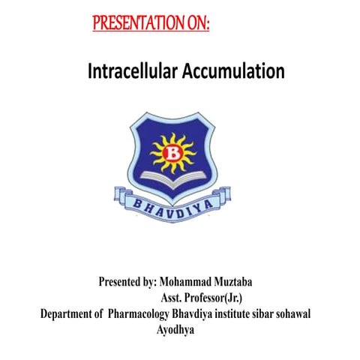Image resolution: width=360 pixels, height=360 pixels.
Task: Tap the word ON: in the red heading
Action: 196,23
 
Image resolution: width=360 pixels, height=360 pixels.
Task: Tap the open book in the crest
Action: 175,178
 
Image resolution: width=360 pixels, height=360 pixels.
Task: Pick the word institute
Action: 253,313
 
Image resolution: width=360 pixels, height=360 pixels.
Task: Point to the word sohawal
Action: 322,313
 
